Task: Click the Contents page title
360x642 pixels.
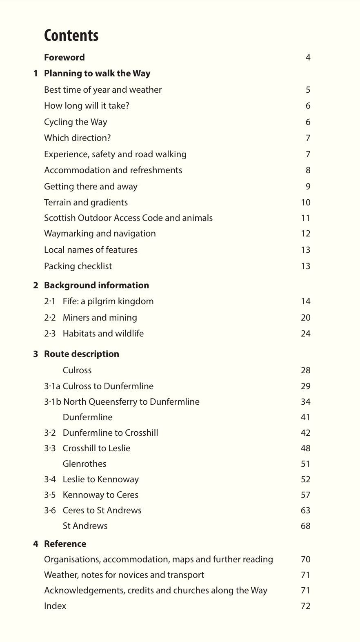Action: (71, 36)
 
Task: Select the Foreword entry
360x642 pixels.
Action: (64, 58)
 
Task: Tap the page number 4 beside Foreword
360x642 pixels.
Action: (308, 58)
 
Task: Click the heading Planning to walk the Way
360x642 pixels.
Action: (97, 74)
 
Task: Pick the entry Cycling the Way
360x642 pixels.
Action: (76, 122)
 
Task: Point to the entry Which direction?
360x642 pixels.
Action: (77, 138)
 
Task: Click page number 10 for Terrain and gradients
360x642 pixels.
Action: (305, 203)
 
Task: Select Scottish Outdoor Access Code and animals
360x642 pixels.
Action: (128, 218)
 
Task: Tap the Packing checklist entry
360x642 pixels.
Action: (78, 266)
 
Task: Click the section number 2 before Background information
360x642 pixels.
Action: (36, 285)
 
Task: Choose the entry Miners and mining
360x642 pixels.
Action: (100, 318)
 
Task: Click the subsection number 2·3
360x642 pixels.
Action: (49, 334)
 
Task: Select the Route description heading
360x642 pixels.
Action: (82, 354)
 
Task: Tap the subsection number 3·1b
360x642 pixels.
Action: (52, 402)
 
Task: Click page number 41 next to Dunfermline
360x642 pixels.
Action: (305, 417)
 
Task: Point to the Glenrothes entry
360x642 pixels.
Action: (84, 464)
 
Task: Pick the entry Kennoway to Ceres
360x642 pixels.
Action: (100, 495)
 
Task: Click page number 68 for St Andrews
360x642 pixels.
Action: (305, 526)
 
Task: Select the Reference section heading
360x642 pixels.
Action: (65, 544)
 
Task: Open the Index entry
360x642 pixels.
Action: (55, 606)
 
